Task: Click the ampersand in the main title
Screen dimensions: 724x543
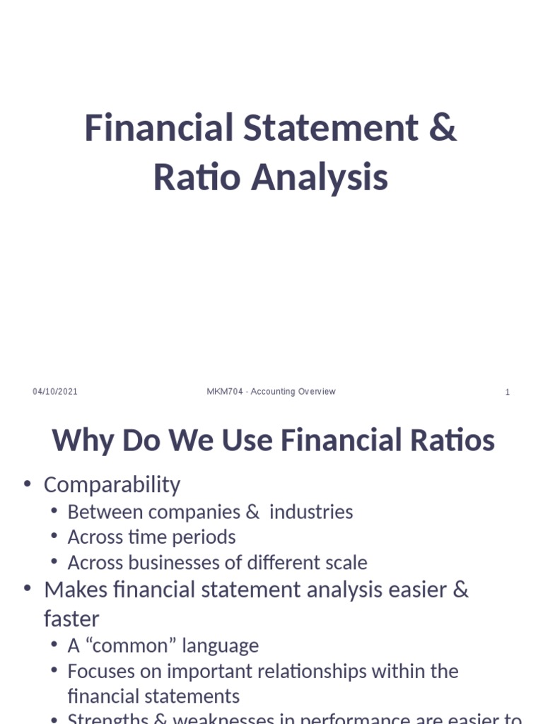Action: pos(443,129)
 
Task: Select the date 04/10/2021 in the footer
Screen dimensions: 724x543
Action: pos(55,392)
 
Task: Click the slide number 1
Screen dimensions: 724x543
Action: pos(507,392)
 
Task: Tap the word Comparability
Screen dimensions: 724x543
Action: pos(112,485)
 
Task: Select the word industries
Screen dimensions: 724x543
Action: pos(311,512)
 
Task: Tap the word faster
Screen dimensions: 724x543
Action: pos(71,619)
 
